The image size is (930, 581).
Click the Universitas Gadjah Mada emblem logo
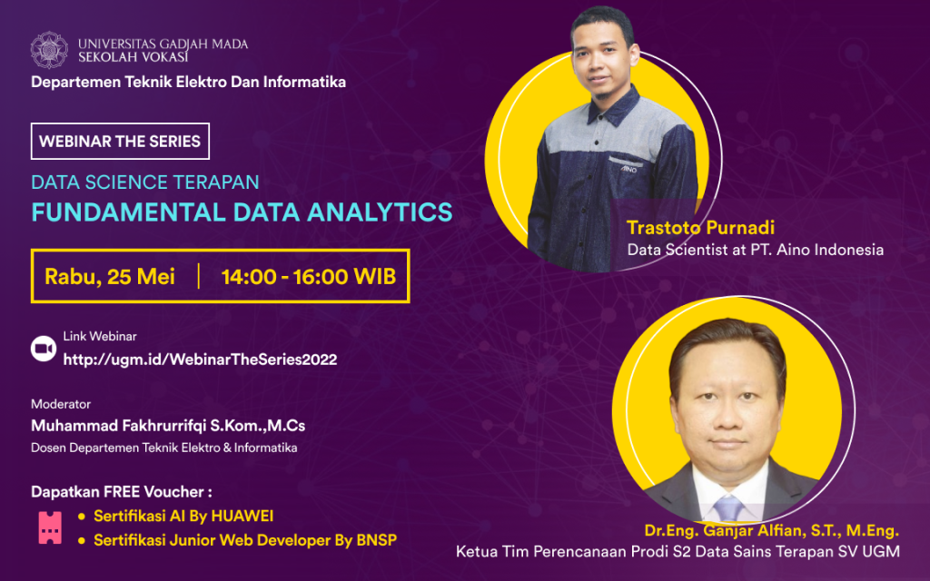pos(49,50)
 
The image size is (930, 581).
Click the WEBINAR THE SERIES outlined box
pos(120,142)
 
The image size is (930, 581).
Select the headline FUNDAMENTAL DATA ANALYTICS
pos(242,212)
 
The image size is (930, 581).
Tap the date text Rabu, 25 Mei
pos(110,276)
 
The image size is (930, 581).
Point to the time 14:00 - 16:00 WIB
pos(309,276)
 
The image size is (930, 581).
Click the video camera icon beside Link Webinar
pos(43,349)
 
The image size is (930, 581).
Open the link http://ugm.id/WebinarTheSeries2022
pos(200,359)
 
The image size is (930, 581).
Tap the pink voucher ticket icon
pos(49,527)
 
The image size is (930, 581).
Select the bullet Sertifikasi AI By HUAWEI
pos(183,516)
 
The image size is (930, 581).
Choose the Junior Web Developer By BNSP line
pos(244,540)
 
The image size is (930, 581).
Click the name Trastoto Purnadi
pos(700,227)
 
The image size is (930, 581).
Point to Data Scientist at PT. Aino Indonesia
pos(755,250)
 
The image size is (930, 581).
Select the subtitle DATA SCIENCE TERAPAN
pos(145,182)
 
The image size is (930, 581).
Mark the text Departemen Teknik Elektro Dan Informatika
pos(188,82)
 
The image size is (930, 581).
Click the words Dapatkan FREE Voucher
pos(121,492)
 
